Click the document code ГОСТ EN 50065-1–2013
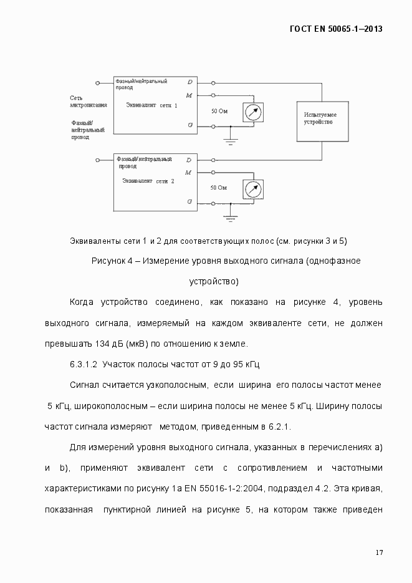point(336,29)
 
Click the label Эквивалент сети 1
point(151,105)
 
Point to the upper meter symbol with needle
point(252,112)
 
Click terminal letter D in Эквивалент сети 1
point(189,82)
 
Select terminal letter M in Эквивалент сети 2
point(189,171)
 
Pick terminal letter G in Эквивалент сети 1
point(189,125)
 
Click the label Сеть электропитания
point(88,102)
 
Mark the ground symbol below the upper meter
point(231,142)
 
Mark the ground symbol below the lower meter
point(231,218)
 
